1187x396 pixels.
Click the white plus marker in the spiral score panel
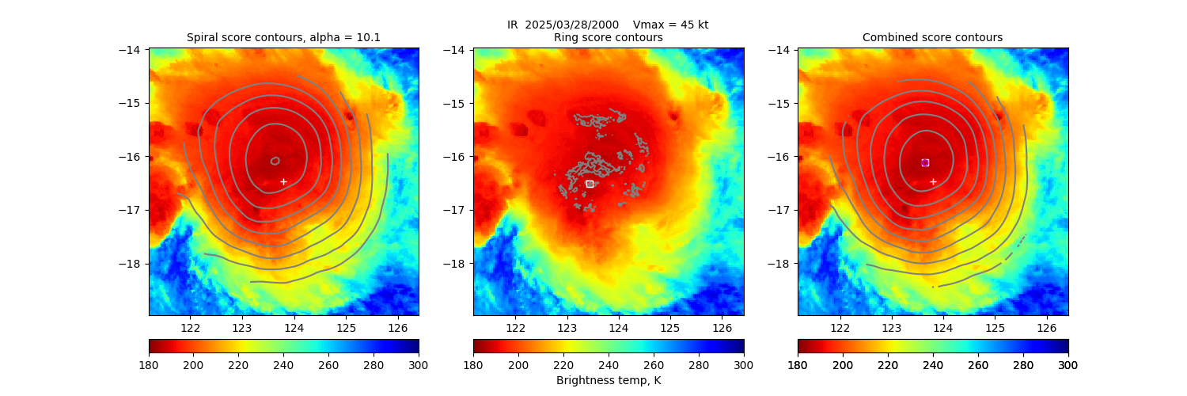coord(283,181)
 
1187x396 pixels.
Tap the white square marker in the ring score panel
coord(590,184)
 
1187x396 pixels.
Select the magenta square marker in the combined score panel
coord(925,162)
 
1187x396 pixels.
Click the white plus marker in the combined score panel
coord(933,181)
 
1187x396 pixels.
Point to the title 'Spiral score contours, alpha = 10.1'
coord(283,37)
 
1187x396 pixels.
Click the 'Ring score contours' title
coord(608,37)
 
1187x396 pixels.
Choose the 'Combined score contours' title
coord(932,37)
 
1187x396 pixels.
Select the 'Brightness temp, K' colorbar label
coord(608,380)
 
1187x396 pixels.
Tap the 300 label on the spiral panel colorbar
coord(419,364)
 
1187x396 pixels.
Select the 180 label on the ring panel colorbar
coord(473,364)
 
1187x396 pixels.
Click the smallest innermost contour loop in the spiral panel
coord(275,160)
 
